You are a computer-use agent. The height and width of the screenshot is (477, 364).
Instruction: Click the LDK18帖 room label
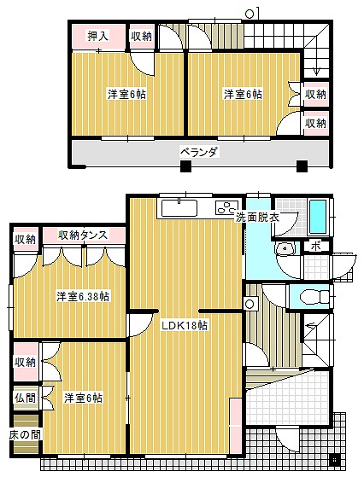pos(185,325)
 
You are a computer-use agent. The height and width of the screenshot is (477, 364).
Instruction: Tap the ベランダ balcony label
pos(199,152)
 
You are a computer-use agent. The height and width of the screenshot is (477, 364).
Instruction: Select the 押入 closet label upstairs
pos(97,36)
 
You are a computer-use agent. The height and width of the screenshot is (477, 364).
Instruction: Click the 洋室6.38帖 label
pos(83,296)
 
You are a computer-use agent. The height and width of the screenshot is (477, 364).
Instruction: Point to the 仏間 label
pos(26,398)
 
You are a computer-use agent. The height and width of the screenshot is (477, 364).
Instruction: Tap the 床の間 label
pos(25,434)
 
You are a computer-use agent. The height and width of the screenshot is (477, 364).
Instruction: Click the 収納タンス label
pos(83,235)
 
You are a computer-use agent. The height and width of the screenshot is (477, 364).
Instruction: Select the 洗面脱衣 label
pos(257,218)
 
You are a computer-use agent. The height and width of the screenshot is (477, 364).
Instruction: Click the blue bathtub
pos(318,216)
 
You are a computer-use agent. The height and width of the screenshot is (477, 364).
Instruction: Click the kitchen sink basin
pos(179,208)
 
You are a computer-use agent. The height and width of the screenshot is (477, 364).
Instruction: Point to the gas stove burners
pos(226,207)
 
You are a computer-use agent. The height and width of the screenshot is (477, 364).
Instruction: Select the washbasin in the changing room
pos(285,248)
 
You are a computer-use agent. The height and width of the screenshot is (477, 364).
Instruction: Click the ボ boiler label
pos(316,246)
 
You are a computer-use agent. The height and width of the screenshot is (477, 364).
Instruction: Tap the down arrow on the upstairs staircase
pos(316,71)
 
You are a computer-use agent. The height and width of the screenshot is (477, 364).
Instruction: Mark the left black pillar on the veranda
pos(185,166)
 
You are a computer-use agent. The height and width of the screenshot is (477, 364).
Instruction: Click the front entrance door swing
pos(288,438)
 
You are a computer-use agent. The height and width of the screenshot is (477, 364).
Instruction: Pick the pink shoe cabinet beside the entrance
pos(235,425)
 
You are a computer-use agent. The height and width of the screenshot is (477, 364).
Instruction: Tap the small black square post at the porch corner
pos(334,459)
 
